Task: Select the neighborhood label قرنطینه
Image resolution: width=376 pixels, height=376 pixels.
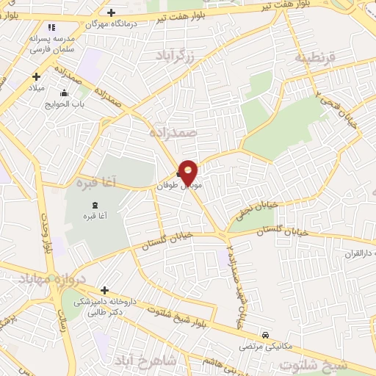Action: (315, 57)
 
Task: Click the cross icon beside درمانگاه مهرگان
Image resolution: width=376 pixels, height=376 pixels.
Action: (111, 12)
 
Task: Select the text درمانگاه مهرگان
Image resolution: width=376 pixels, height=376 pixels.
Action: (83, 23)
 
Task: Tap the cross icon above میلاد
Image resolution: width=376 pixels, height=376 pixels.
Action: (35, 76)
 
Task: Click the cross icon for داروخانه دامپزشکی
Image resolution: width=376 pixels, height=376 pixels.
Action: (104, 291)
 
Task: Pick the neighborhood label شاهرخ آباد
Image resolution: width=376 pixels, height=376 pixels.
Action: (143, 361)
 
